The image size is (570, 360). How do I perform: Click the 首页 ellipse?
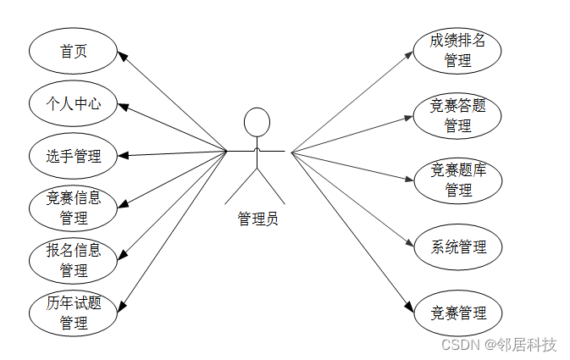pos(73,52)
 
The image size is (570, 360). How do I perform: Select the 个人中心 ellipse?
pos(73,103)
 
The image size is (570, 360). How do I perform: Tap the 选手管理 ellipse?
pos(73,156)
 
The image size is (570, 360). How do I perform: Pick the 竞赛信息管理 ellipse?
pos(73,208)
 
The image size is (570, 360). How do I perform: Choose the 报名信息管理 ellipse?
pos(73,260)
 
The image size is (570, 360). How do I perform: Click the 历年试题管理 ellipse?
pos(73,313)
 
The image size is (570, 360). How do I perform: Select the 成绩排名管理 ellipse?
pos(457,50)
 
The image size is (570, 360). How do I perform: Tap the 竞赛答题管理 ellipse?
pos(457,115)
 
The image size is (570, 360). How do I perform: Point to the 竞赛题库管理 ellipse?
pos(457,180)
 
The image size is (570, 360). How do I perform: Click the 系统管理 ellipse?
pos(457,246)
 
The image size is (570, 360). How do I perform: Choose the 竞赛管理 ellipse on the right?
pos(457,313)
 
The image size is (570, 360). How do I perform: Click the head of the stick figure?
pos(257,122)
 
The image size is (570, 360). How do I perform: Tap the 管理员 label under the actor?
pos(257,219)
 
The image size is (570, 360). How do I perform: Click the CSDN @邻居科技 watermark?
pos(500,345)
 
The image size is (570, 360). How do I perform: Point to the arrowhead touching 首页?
pos(122,57)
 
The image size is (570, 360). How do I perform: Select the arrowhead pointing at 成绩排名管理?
pos(409,55)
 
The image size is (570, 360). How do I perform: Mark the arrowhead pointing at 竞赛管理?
pos(410,307)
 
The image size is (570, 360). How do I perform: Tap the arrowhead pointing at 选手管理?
pos(122,156)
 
